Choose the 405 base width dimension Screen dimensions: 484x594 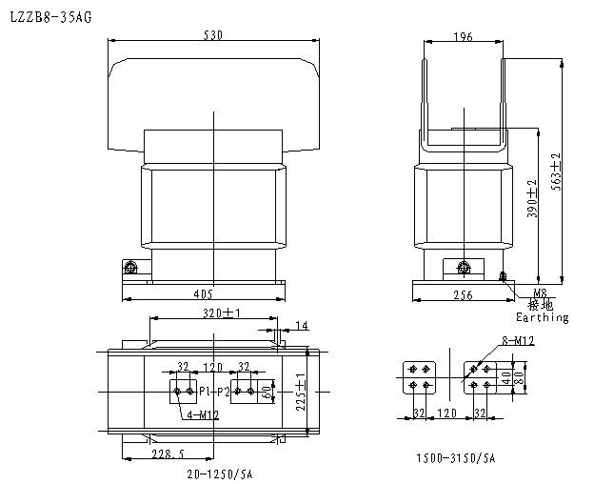pos(203,293)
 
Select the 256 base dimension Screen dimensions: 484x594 pos(463,294)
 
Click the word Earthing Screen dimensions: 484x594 pos(542,317)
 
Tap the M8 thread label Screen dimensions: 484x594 pos(540,293)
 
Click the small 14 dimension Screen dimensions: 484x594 pos(302,326)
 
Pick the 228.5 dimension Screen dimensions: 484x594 pos(168,454)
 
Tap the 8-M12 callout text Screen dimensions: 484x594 pos(518,340)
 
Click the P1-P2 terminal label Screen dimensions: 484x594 pos(214,391)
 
